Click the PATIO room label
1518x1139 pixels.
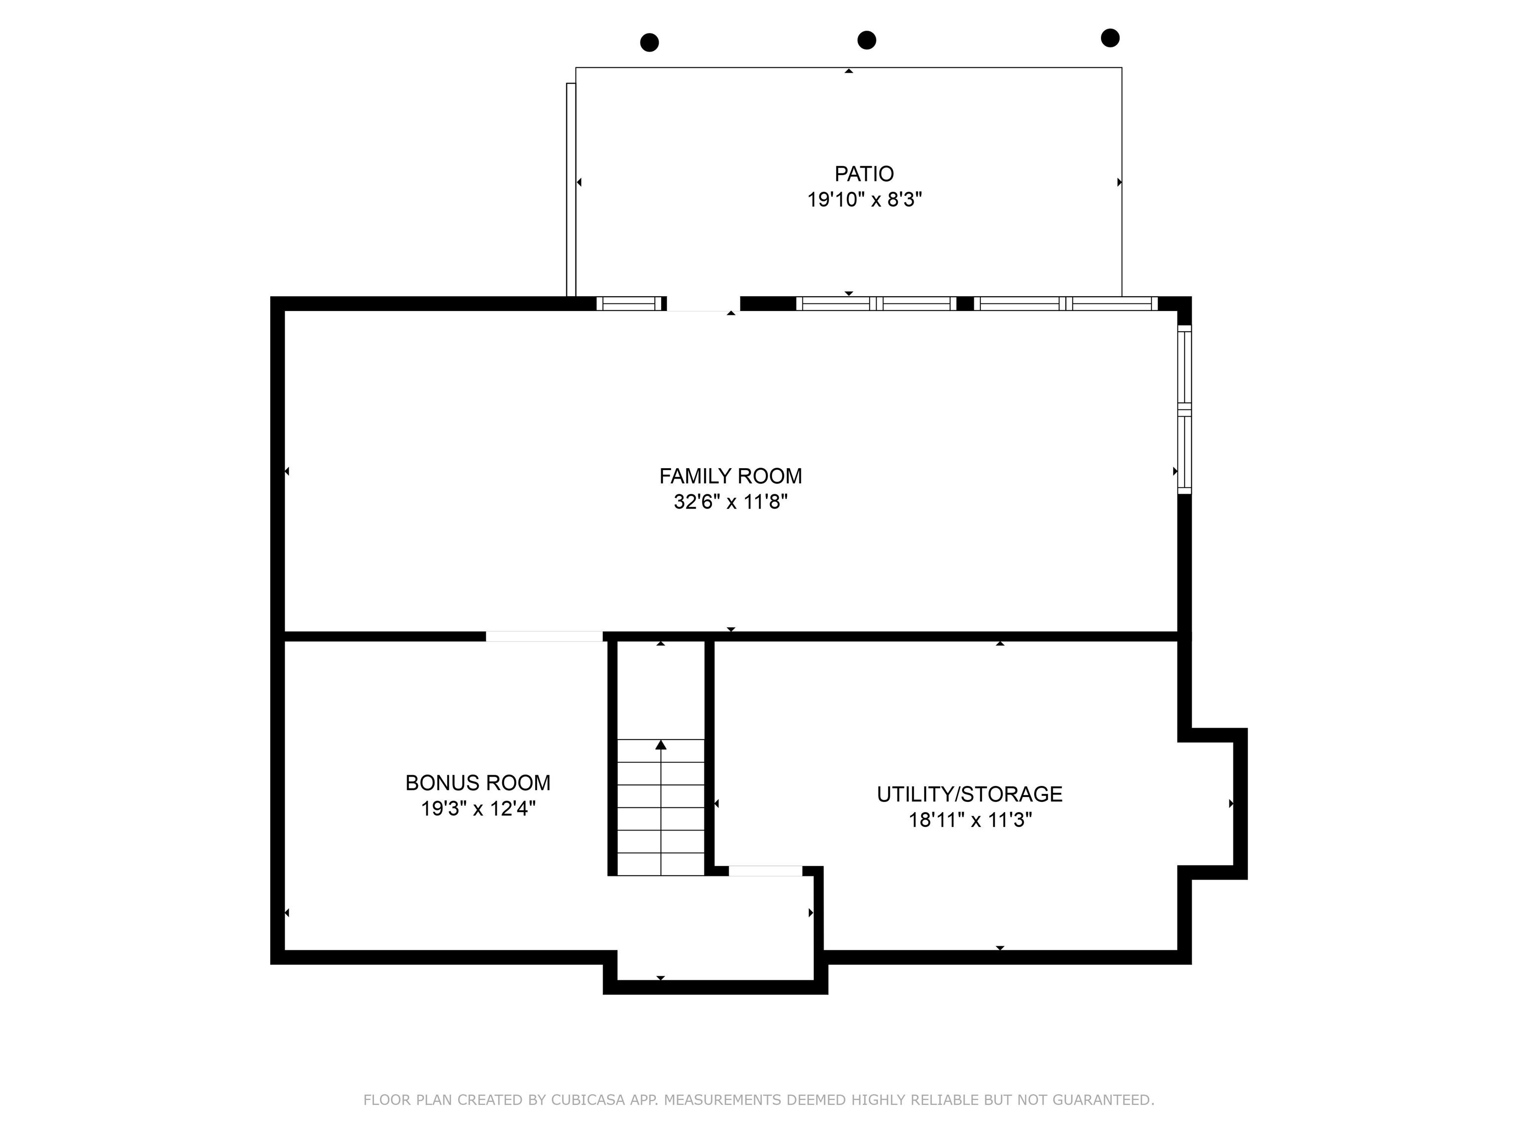click(x=864, y=174)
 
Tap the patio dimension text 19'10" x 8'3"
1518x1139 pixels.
click(x=864, y=200)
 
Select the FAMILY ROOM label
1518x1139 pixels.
click(x=730, y=476)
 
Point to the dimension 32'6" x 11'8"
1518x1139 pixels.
click(x=730, y=502)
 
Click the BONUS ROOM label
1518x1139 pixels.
click(x=478, y=783)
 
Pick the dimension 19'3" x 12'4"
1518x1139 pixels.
click(x=478, y=809)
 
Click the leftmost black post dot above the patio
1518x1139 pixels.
click(x=649, y=43)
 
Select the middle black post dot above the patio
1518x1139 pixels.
click(x=867, y=40)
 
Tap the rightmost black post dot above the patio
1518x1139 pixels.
click(x=1110, y=38)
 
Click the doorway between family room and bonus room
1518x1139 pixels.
click(x=544, y=636)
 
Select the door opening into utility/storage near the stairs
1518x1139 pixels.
click(x=765, y=871)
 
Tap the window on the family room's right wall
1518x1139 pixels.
click(x=1184, y=409)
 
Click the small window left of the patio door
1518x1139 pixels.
click(x=630, y=304)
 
